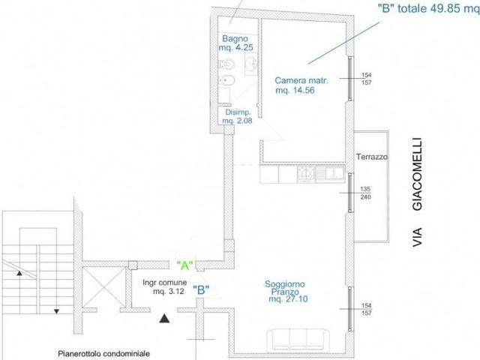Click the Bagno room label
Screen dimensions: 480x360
[235, 39]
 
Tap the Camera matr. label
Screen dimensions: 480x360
[301, 80]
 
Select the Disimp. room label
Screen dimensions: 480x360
[238, 112]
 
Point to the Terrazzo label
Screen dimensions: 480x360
[372, 157]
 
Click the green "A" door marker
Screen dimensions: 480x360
[185, 265]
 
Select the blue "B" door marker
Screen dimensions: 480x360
[201, 289]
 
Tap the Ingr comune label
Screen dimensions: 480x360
[164, 282]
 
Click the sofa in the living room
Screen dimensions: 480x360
[298, 340]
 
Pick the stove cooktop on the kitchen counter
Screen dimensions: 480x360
[306, 174]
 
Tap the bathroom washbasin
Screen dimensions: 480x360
[251, 64]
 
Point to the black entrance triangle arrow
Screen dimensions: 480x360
[164, 319]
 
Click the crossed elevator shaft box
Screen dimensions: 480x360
[104, 286]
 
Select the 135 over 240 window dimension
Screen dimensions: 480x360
[365, 193]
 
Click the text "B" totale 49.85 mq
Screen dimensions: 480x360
[428, 8]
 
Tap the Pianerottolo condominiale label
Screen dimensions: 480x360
[103, 353]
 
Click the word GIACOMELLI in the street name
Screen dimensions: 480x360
[418, 174]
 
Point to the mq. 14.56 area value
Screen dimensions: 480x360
[295, 90]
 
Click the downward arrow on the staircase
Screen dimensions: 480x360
[56, 311]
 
